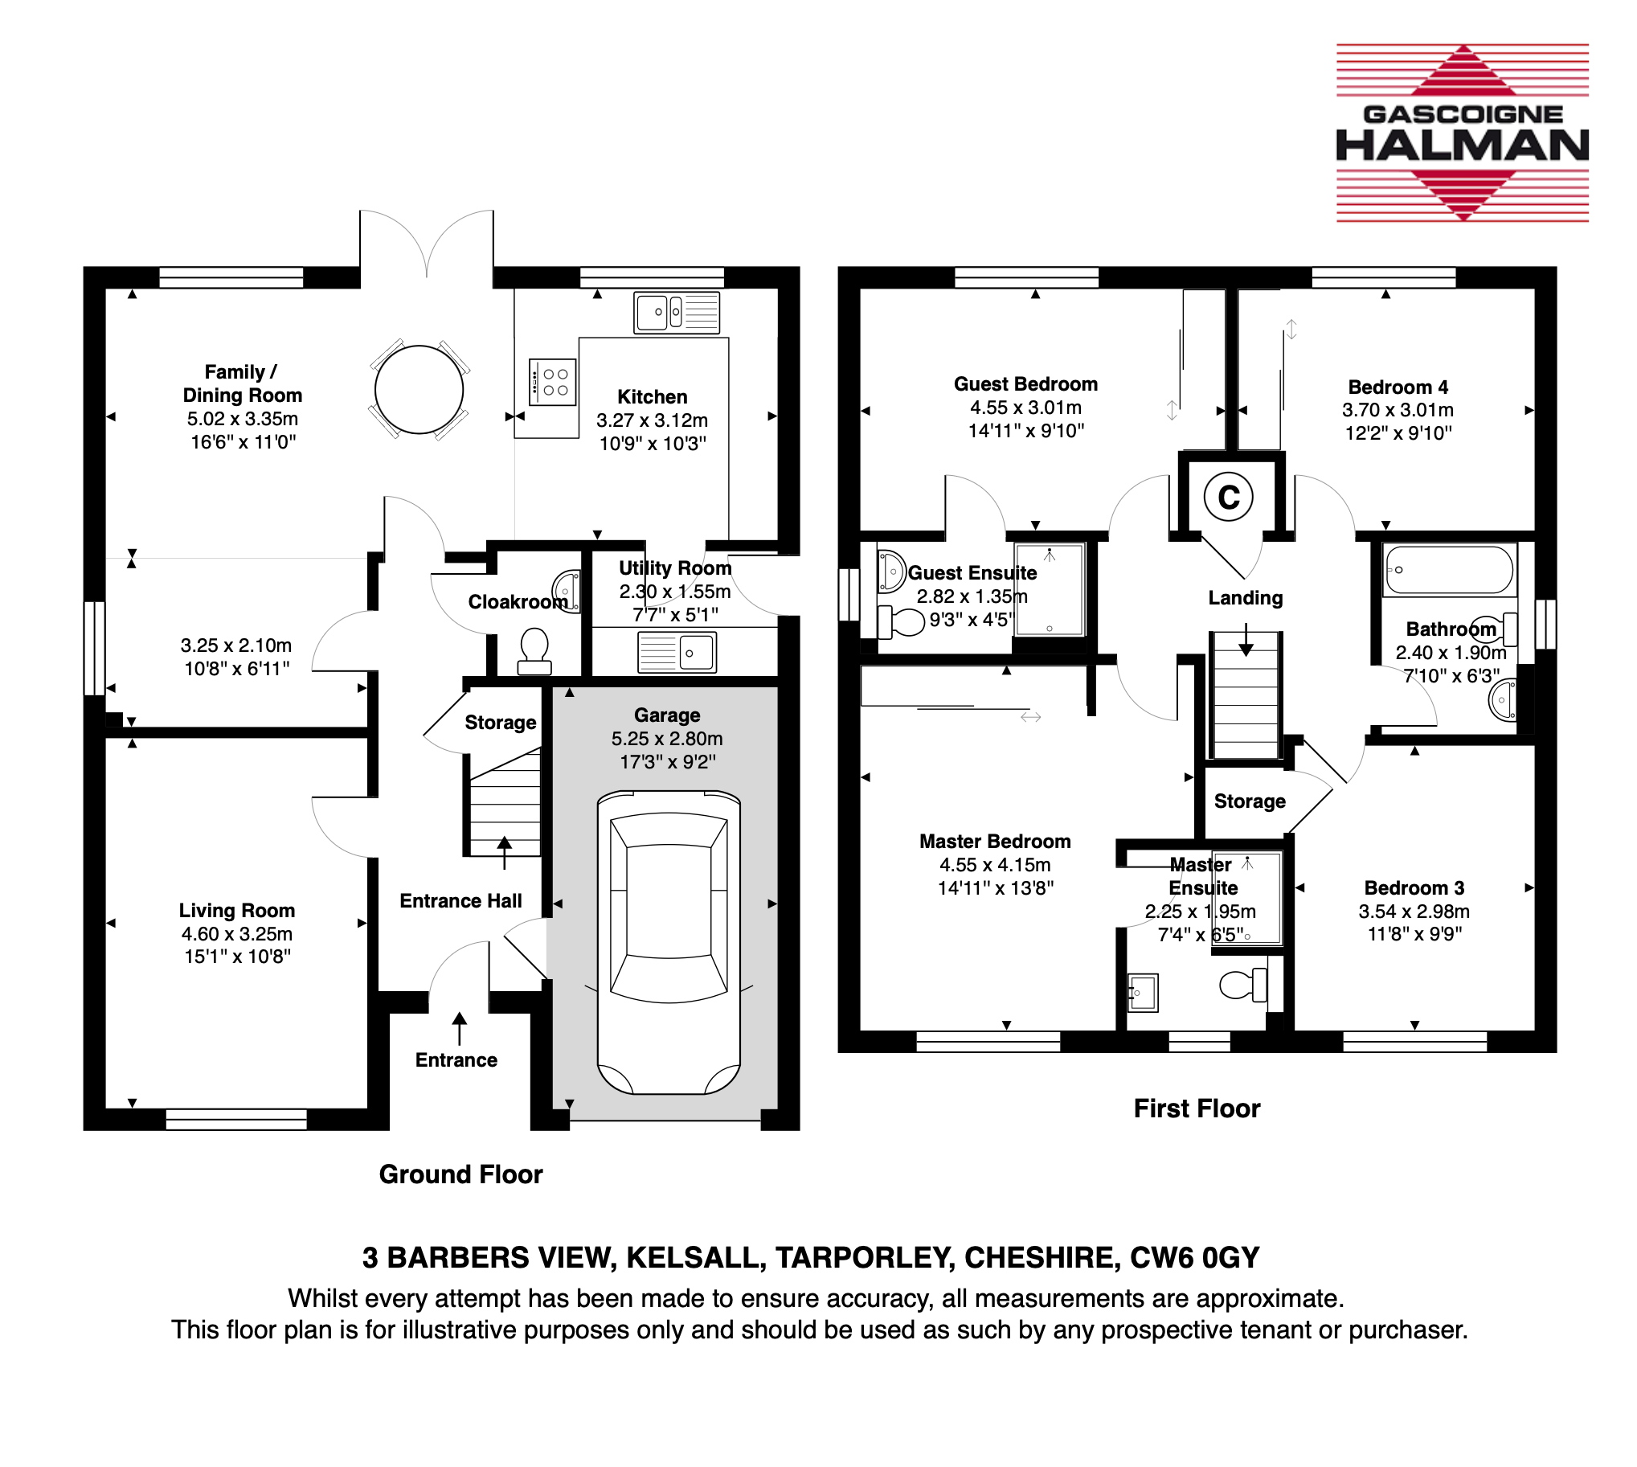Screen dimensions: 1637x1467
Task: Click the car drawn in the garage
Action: (x=668, y=942)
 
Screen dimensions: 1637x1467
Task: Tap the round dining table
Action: (x=419, y=389)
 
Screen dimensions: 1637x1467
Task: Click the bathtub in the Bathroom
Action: (x=1448, y=570)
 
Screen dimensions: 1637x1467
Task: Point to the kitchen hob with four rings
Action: (x=553, y=381)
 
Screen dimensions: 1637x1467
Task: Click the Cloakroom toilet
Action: (x=534, y=651)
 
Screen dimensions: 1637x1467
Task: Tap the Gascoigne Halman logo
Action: (x=1462, y=133)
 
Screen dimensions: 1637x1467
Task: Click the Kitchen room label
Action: (x=652, y=396)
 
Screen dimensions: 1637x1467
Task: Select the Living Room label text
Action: (x=237, y=910)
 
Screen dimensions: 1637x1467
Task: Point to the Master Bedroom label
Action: (x=995, y=841)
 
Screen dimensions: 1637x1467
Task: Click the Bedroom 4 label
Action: (x=1398, y=387)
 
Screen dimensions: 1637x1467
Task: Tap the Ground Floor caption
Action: (x=461, y=1174)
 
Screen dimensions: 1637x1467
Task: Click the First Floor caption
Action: (x=1197, y=1108)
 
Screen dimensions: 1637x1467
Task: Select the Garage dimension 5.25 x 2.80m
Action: (x=666, y=739)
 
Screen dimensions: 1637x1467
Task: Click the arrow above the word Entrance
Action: (x=460, y=1029)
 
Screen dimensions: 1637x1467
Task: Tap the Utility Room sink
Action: (x=677, y=652)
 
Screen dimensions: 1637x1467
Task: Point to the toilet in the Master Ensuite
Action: (x=1243, y=984)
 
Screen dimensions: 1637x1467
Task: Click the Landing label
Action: (x=1246, y=597)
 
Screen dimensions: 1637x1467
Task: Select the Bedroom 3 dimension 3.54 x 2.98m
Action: (x=1414, y=911)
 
